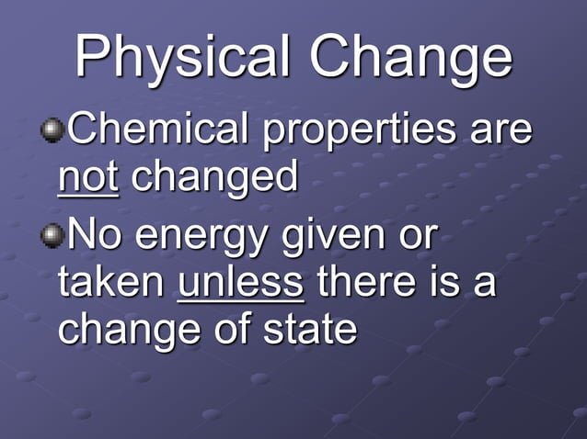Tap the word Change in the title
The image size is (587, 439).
[x=410, y=57]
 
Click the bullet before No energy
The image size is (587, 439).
[x=52, y=234]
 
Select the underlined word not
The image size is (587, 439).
[x=87, y=176]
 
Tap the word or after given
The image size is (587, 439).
[x=413, y=236]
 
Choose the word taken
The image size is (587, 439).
[x=110, y=281]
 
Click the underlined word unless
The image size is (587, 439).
[x=240, y=281]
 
